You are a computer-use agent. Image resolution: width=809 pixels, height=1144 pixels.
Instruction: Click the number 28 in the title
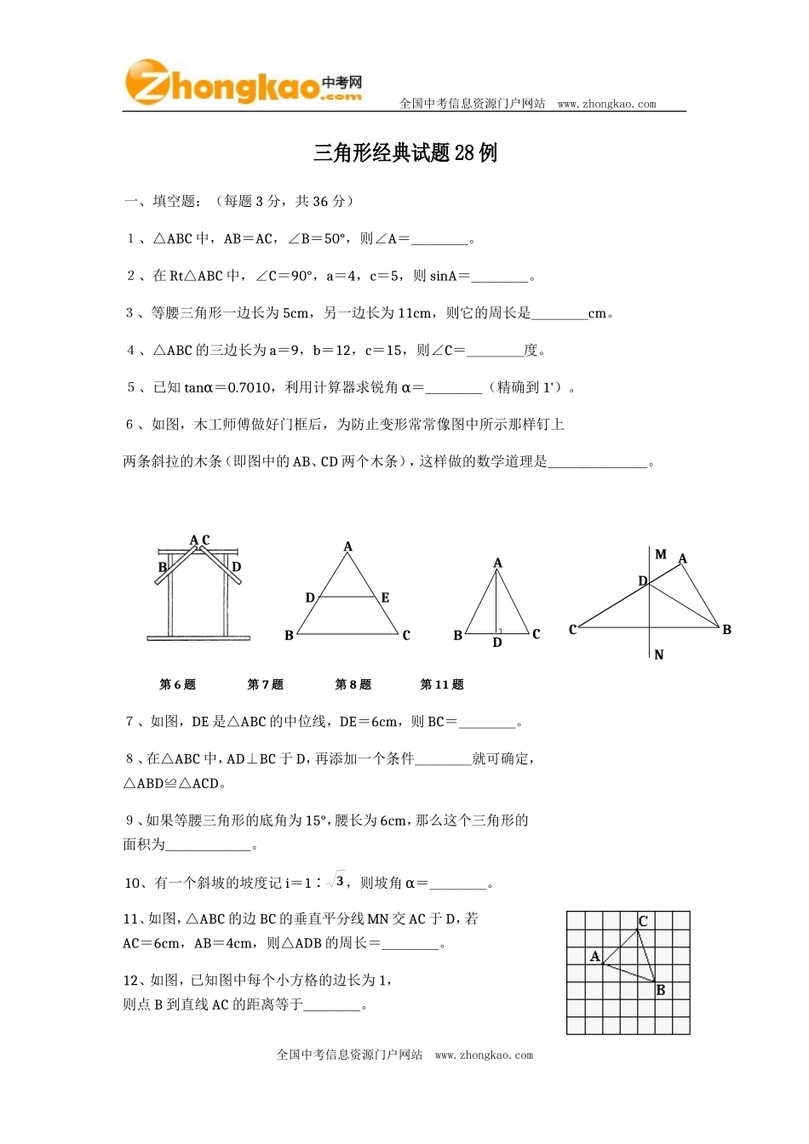tap(465, 153)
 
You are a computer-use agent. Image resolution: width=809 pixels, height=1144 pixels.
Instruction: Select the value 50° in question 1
tap(335, 239)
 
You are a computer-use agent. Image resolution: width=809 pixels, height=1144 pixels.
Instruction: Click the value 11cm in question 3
tap(416, 313)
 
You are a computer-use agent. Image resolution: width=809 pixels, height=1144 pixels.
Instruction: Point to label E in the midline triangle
tap(386, 598)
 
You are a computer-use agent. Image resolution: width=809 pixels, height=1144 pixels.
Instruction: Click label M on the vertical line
tap(661, 555)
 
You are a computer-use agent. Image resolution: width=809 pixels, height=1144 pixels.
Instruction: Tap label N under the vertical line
tap(659, 655)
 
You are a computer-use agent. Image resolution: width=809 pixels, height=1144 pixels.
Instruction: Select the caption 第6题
tap(177, 684)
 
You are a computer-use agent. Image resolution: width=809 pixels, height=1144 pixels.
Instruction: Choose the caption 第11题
tap(442, 684)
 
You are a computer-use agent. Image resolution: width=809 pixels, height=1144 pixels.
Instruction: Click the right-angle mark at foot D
tap(500, 631)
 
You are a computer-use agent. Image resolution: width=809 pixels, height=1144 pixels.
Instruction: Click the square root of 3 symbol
tap(336, 882)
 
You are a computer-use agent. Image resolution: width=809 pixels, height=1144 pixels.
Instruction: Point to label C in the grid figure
tap(644, 922)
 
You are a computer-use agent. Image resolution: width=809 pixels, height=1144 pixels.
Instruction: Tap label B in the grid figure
tap(661, 991)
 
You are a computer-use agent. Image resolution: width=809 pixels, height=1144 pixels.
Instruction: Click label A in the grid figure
tap(594, 957)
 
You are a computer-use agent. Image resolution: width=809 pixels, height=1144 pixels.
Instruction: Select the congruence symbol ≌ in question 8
tap(171, 784)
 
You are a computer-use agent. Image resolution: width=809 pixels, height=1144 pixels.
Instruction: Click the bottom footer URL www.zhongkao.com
tap(484, 1055)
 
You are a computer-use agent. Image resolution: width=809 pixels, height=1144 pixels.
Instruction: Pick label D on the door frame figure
tap(237, 567)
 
